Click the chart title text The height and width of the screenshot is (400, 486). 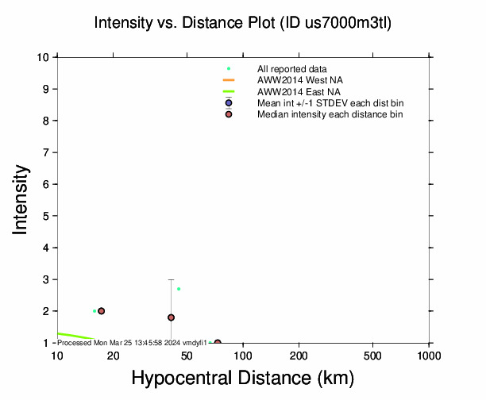tap(242, 22)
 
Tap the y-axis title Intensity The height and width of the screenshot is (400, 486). tap(21, 199)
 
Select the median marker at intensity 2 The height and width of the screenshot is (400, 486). tap(101, 311)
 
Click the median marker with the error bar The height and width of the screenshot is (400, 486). tap(171, 317)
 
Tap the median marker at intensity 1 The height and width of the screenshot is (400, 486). tap(218, 342)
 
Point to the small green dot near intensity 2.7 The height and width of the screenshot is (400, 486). tap(179, 289)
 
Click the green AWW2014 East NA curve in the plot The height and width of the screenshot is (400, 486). tap(75, 337)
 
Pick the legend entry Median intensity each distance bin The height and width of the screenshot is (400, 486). tap(330, 114)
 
